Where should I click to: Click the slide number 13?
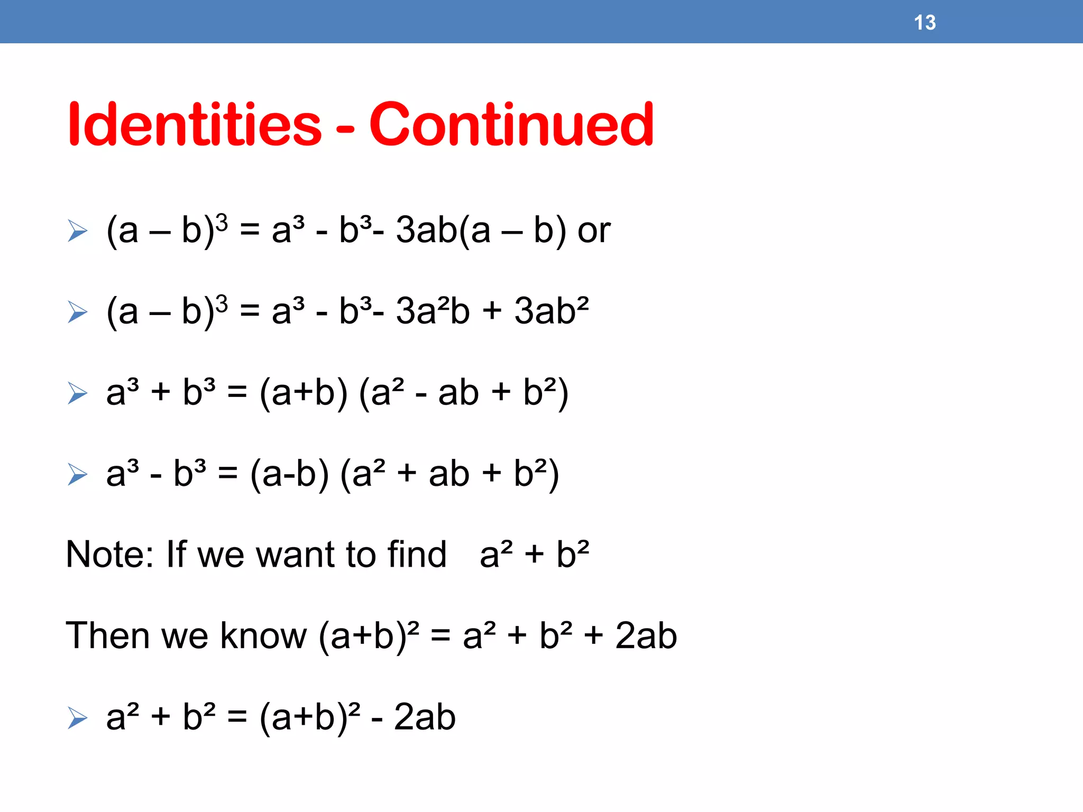coord(925,23)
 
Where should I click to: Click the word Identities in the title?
coord(195,125)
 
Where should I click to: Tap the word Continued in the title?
coord(511,125)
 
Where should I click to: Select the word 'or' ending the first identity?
coord(594,231)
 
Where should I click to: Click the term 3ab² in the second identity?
coord(552,311)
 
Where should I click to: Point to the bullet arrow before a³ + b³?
coord(78,393)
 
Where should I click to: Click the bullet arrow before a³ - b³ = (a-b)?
coord(78,474)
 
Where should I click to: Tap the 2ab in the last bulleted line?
coord(425,717)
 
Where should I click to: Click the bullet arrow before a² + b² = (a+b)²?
coord(78,718)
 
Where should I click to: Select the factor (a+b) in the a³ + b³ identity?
coord(304,393)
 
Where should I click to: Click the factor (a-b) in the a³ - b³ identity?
coord(289,474)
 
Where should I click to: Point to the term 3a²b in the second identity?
coord(433,311)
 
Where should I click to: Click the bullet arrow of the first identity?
coord(78,231)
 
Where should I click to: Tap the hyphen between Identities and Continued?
coord(345,128)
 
